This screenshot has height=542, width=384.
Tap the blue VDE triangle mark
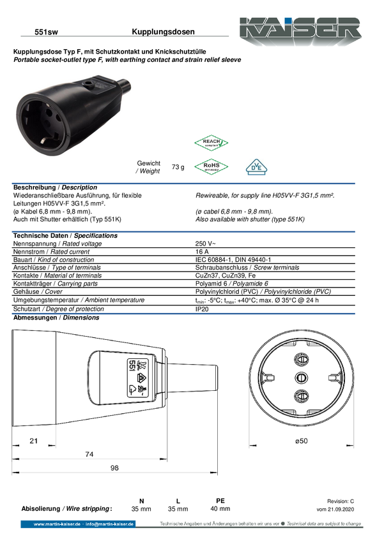[x=257, y=167]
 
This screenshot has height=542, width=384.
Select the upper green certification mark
[x=211, y=143]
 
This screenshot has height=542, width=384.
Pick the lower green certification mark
[x=211, y=166]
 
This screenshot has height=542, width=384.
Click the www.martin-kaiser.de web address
[x=58, y=524]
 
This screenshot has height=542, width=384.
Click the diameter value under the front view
[x=301, y=441]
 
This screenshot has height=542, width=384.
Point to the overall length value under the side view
[x=114, y=468]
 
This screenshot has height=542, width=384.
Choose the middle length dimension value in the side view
[x=89, y=453]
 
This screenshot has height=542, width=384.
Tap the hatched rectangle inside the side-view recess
[x=137, y=377]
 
